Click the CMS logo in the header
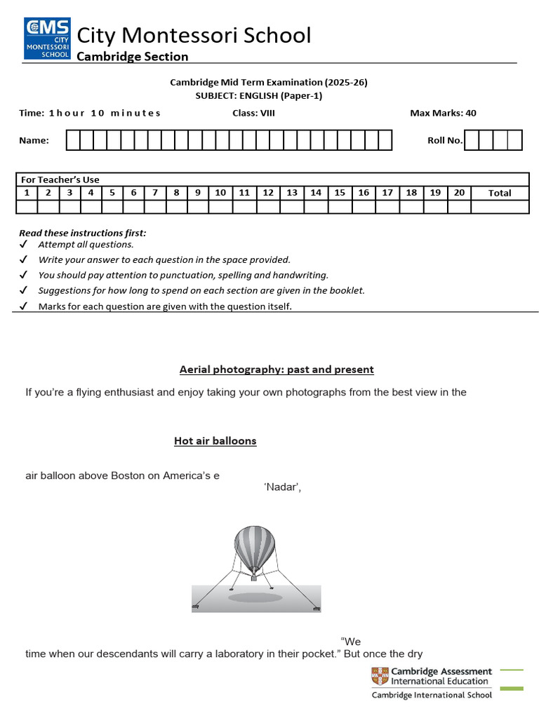tap(48, 39)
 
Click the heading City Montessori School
tap(193, 35)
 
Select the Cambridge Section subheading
tap(132, 56)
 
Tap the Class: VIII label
tap(253, 113)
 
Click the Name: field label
tap(34, 140)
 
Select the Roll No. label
tap(445, 140)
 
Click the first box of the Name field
tap(73, 140)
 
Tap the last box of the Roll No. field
tap(515, 140)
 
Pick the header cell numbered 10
tap(220, 193)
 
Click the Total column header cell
tap(500, 193)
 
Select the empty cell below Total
tap(500, 206)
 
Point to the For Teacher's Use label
tap(60, 179)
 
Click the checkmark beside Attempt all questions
tap(23, 245)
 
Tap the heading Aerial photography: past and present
tap(277, 370)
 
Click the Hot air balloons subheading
tap(215, 441)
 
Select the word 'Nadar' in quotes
tap(283, 489)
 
